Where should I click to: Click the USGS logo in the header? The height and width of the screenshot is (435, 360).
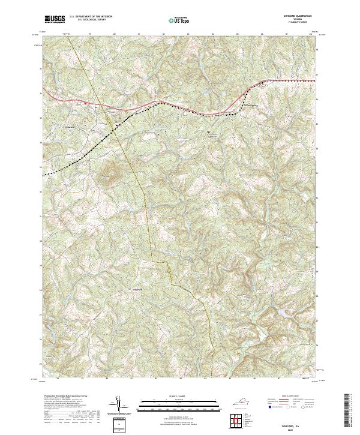[x=55, y=19]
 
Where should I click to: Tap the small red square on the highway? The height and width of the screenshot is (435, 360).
[x=86, y=103]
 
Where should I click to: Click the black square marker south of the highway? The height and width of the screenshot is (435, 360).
[x=209, y=131]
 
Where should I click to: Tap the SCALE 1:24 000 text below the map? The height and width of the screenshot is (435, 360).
[x=179, y=396]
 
